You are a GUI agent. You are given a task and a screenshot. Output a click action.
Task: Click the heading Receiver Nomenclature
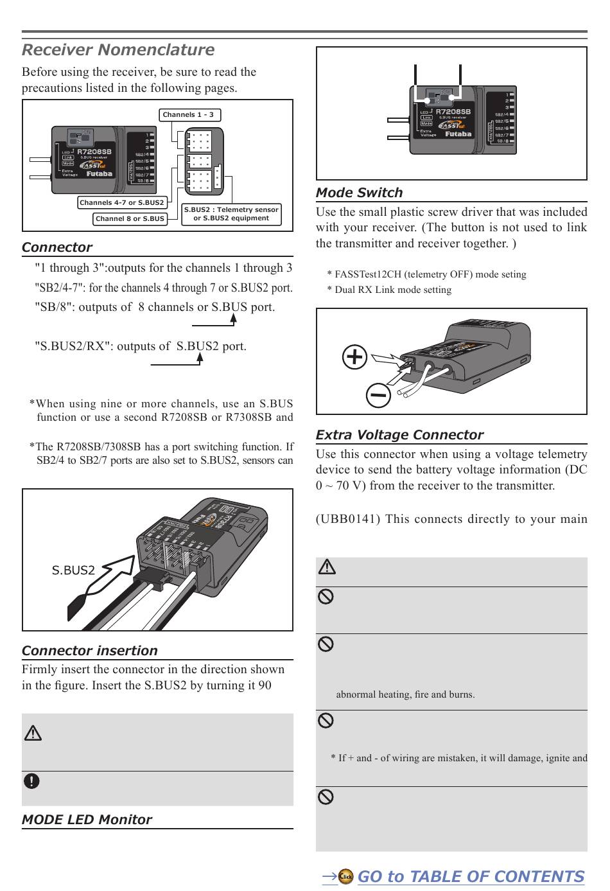118,50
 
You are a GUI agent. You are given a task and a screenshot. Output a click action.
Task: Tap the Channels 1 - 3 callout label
188,115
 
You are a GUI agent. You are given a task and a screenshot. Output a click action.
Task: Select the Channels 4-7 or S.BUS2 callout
122,203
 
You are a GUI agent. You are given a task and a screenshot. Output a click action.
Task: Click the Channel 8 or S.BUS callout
130,219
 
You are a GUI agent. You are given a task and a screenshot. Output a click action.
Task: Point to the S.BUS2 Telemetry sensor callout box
231,214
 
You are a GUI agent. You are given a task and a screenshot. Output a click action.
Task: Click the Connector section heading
57,247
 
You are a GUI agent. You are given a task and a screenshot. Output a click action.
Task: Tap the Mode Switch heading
360,193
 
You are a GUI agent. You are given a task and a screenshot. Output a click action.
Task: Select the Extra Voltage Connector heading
399,435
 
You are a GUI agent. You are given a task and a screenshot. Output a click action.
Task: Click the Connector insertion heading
89,651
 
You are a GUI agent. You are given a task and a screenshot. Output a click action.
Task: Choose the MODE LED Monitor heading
87,820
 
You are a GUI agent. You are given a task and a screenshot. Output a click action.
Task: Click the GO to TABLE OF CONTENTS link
470,877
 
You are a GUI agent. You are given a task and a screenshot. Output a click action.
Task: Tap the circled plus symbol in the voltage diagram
355,357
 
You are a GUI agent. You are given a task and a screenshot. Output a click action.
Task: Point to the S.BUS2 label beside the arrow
73,570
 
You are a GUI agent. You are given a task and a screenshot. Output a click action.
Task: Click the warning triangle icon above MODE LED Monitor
33,732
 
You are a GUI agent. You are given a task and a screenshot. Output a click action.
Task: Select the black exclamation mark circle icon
31,781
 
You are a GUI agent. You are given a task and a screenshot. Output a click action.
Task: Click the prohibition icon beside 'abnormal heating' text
326,644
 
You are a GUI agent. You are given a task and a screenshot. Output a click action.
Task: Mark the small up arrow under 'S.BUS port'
233,320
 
